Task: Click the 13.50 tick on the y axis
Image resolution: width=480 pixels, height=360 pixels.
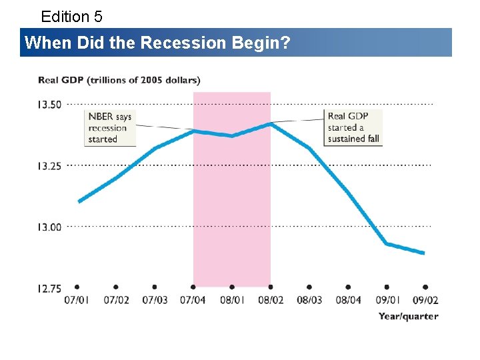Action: coord(49,104)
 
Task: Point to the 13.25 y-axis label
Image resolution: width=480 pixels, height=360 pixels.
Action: coord(49,166)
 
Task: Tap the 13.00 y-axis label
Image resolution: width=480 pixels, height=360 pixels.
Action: coord(49,227)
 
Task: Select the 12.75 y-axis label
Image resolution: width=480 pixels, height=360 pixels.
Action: coord(49,289)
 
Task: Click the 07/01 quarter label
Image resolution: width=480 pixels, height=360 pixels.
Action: coord(77,300)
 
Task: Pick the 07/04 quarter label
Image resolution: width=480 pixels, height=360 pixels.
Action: coord(193,300)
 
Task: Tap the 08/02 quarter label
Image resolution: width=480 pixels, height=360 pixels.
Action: coord(271,300)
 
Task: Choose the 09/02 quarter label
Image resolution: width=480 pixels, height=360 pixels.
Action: coord(425,300)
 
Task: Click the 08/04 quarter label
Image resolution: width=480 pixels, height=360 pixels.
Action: coord(348,300)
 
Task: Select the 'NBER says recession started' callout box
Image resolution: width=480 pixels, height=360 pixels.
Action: coord(111,128)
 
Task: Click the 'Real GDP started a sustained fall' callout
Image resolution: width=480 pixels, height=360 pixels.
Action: coord(353,128)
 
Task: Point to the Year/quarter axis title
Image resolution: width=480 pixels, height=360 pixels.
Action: coord(409,316)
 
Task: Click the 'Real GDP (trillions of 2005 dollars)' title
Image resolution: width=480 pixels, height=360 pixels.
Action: coord(119,80)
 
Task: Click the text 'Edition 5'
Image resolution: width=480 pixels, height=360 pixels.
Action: coord(71,16)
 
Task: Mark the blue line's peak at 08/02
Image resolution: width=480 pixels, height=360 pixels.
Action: coord(270,123)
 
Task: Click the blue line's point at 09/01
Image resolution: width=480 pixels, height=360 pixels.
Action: coord(387,244)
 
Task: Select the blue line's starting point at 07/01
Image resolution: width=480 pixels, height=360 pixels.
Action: coord(79,201)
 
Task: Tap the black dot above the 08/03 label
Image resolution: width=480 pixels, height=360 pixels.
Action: coord(309,287)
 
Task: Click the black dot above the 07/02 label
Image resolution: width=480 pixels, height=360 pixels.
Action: coord(116,287)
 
